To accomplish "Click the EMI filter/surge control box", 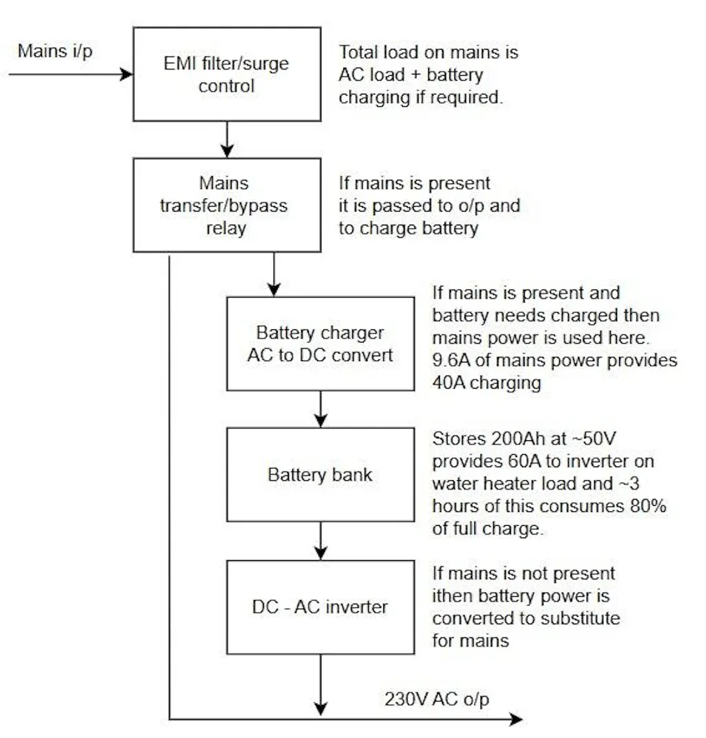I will click(x=226, y=74).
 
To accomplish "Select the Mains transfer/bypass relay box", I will click(x=226, y=205).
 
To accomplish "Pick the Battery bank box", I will click(x=321, y=474).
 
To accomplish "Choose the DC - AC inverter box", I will click(x=321, y=606).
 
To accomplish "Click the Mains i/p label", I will click(x=55, y=51).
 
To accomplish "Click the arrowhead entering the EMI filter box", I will click(x=126, y=74).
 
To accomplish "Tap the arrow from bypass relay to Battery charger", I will click(x=274, y=274).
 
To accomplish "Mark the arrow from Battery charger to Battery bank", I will click(x=321, y=409).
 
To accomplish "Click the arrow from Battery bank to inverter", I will click(x=321, y=540).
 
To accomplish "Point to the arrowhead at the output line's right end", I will click(x=516, y=719).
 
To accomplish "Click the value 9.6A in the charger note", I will click(x=452, y=360).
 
